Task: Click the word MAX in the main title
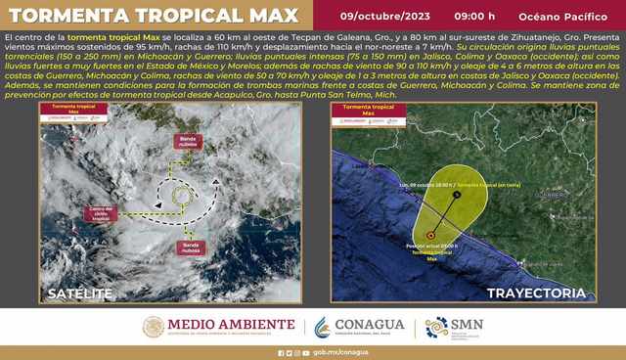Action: coord(269,16)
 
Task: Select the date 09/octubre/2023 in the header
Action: coord(384,16)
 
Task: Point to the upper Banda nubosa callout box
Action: coord(191,142)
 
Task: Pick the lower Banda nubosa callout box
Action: coord(191,248)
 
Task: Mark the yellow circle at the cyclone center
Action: coord(181,196)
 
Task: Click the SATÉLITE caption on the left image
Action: coord(83,292)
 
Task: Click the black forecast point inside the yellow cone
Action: coord(458,195)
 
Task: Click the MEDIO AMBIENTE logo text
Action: coord(231,325)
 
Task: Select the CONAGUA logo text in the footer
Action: coord(369,325)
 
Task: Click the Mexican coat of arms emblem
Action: coord(154,327)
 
